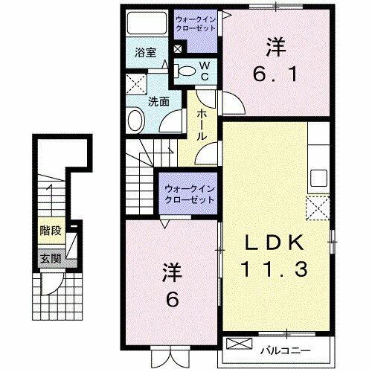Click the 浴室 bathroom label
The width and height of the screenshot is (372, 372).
click(145, 53)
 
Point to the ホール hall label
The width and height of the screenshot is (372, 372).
click(202, 125)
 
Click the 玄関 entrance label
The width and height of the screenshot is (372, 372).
click(51, 260)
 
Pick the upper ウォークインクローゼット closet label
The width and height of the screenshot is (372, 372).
click(195, 23)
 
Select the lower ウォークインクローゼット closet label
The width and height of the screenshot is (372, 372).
click(188, 193)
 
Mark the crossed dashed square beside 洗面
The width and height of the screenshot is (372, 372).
click(135, 83)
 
